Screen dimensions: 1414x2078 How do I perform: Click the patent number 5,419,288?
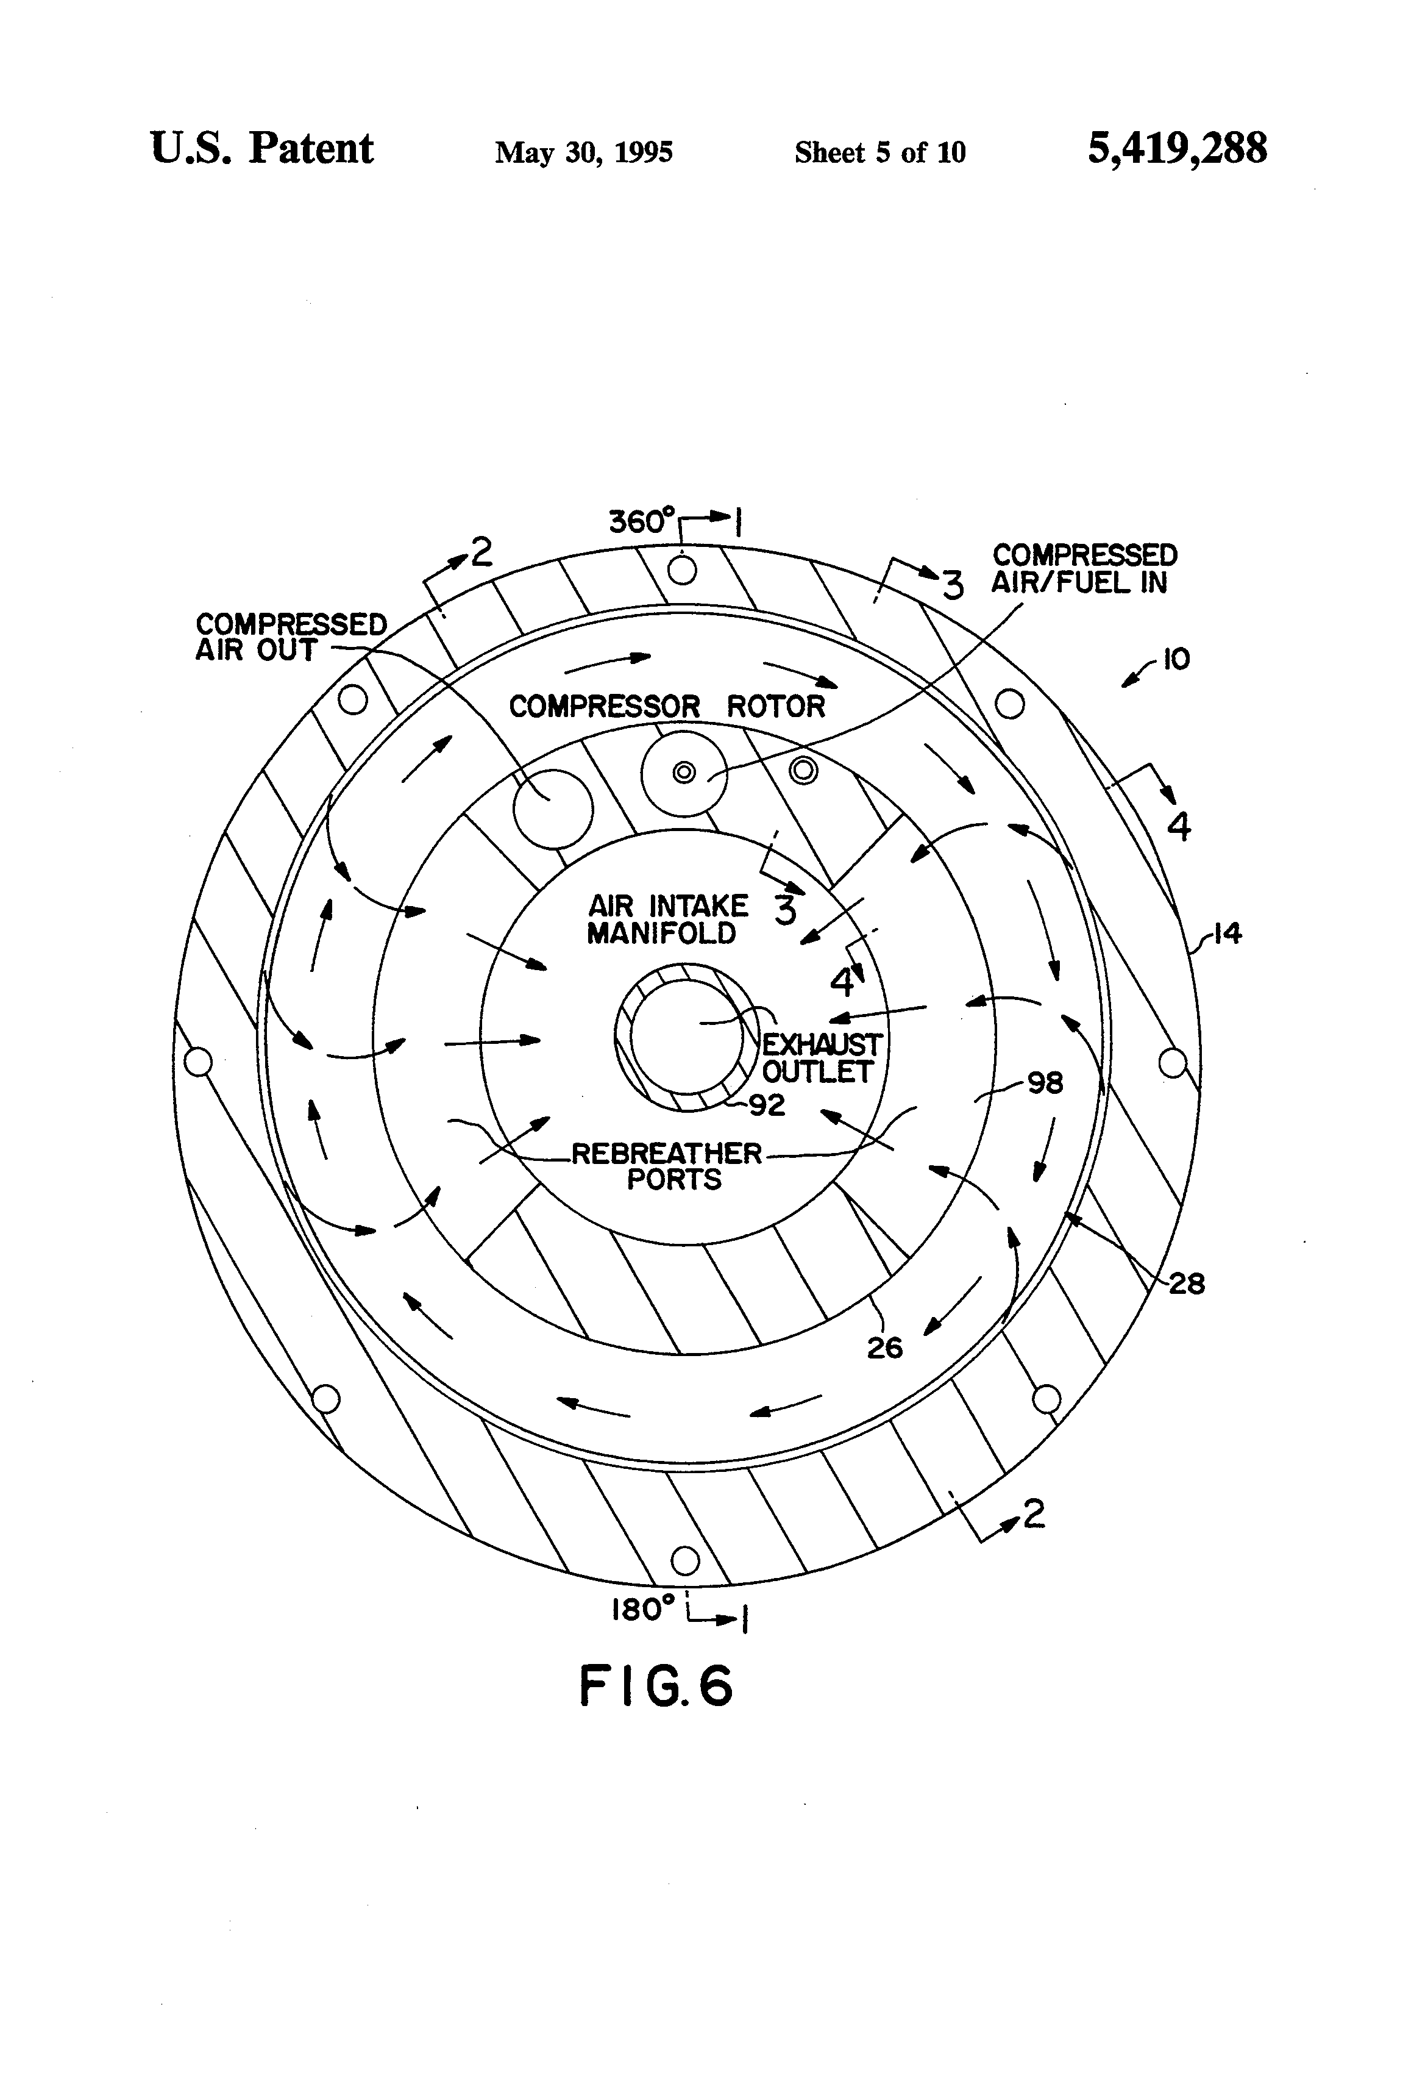(1176, 148)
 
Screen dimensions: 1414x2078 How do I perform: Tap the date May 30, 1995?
(584, 152)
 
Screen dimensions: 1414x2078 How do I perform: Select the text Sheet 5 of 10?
(879, 152)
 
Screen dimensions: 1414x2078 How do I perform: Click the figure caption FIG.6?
(656, 1687)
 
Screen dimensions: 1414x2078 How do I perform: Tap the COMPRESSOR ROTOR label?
(667, 706)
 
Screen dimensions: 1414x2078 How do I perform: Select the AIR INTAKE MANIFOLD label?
(667, 919)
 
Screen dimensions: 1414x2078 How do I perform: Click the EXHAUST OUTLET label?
(820, 1058)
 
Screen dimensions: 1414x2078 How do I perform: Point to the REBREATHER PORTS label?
(667, 1166)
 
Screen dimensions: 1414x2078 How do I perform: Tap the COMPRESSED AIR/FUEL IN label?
(1083, 569)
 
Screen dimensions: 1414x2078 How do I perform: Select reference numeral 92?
(767, 1106)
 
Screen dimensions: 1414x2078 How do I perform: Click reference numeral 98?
(1045, 1083)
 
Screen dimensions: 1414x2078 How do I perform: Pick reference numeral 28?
(1186, 1284)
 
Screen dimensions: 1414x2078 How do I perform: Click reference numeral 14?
(1228, 934)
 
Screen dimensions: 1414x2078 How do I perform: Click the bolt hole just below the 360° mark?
(682, 569)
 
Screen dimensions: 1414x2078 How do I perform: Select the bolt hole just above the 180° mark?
(684, 1561)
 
